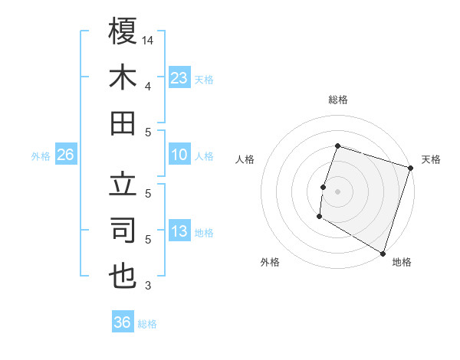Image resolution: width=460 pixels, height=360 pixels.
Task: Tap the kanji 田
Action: click(x=123, y=123)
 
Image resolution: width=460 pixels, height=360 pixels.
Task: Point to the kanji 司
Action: click(x=123, y=230)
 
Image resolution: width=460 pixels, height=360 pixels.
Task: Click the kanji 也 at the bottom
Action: click(x=123, y=277)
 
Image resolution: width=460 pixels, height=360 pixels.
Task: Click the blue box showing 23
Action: click(x=179, y=77)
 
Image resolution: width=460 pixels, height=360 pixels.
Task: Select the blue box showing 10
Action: click(x=179, y=155)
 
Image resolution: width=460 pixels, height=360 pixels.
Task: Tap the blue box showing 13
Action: click(x=179, y=232)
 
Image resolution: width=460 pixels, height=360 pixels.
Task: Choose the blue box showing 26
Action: click(x=65, y=155)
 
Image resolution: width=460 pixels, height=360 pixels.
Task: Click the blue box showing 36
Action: click(x=123, y=322)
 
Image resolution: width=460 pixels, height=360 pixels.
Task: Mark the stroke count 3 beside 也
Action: click(x=148, y=286)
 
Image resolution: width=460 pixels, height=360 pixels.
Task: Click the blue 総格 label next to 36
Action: click(x=147, y=324)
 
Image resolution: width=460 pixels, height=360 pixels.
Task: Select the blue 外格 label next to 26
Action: click(x=41, y=156)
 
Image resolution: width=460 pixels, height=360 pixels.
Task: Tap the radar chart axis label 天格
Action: click(x=431, y=159)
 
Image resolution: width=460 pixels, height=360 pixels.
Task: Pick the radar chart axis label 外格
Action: click(x=270, y=262)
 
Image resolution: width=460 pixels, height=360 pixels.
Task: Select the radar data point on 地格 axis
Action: click(x=383, y=253)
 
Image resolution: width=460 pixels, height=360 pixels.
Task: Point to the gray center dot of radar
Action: click(x=337, y=191)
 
